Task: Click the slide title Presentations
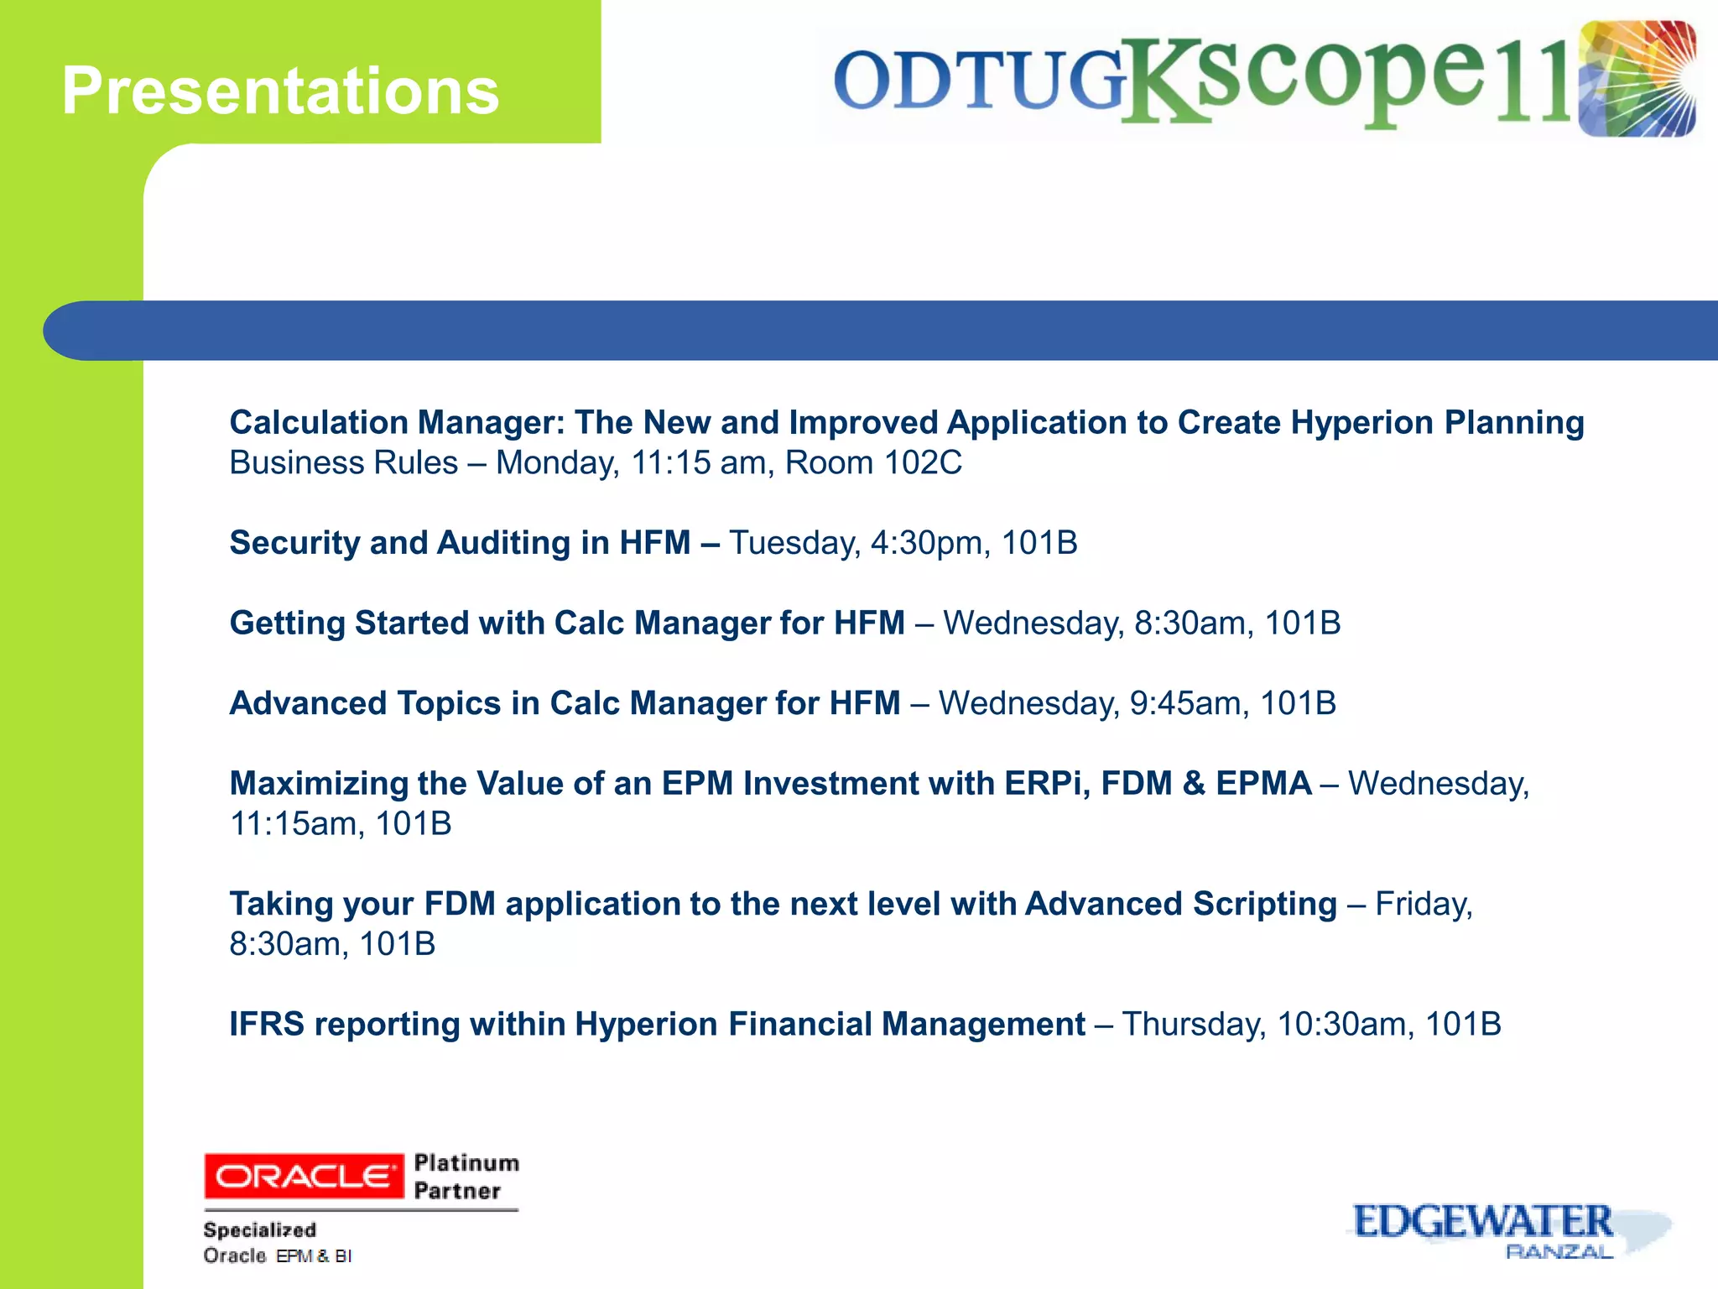point(280,91)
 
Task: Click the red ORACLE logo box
point(304,1177)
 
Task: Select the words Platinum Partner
point(466,1177)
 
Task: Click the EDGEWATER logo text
point(1482,1222)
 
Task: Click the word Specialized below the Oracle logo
point(260,1230)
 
